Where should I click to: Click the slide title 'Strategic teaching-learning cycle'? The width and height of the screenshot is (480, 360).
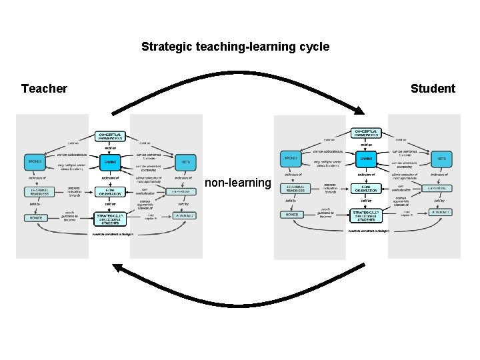tap(235, 47)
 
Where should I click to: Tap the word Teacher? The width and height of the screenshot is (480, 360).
tap(44, 89)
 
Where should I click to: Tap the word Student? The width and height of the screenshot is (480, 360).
tap(433, 89)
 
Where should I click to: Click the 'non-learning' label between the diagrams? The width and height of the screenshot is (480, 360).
tap(238, 183)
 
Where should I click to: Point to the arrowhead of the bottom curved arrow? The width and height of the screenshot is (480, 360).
tap(117, 268)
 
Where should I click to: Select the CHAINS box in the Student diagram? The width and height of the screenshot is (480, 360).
tap(366, 159)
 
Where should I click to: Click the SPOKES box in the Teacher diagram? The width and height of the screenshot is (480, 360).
tap(34, 161)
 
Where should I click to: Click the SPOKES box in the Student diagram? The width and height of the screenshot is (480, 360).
tap(291, 159)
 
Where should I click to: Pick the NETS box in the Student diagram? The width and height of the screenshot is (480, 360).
tap(441, 159)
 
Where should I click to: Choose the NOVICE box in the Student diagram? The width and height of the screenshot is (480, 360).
tap(290, 215)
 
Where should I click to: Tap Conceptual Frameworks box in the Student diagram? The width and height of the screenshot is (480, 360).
tap(366, 133)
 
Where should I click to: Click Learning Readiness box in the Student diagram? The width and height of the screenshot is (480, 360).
tap(291, 189)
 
